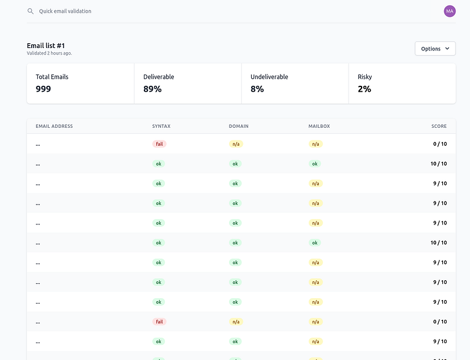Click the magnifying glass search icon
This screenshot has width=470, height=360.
[x=30, y=11]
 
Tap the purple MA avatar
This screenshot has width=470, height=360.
[x=450, y=11]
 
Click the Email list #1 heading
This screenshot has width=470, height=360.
[x=46, y=46]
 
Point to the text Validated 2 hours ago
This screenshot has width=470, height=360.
[x=49, y=53]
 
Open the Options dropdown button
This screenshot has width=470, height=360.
[x=435, y=49]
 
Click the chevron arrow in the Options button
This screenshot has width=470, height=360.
[x=447, y=49]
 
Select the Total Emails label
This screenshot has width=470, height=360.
[x=52, y=77]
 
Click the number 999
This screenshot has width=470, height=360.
[x=43, y=89]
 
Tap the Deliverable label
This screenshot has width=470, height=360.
[x=158, y=77]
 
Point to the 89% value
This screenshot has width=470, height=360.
[x=152, y=89]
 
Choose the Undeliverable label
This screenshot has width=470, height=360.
[x=269, y=77]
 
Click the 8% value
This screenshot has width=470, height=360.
[x=257, y=89]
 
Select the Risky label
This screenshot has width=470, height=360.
[x=364, y=77]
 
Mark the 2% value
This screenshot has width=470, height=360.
[x=364, y=89]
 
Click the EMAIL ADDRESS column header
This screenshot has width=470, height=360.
[x=54, y=126]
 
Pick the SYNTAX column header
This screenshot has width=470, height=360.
[x=161, y=126]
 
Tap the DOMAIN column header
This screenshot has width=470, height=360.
[x=239, y=126]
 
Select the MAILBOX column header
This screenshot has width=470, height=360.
[x=319, y=126]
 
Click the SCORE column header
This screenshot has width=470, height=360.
[x=439, y=126]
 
